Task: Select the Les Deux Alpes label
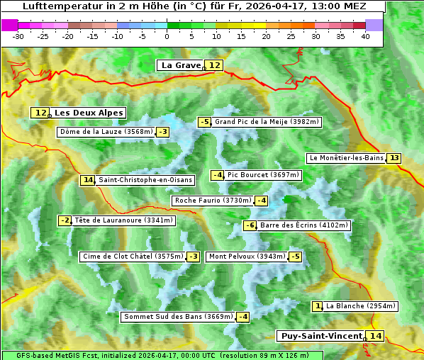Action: coord(89,113)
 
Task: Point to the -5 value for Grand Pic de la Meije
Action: coord(205,122)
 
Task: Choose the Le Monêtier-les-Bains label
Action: coord(345,158)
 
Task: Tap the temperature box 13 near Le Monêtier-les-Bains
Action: coord(394,158)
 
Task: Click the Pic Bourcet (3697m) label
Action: coord(264,175)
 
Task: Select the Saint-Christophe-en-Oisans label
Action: coord(145,180)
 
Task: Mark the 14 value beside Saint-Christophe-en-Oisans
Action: coord(87,180)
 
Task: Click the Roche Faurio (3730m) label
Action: coord(213,201)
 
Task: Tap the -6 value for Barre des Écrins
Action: coord(250,225)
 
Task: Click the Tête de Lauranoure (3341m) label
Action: coord(124,220)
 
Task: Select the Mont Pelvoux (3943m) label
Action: coord(247,257)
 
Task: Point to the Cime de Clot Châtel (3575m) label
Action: coord(133,257)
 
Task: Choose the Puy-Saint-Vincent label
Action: coord(321,336)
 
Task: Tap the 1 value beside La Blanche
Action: coord(318,306)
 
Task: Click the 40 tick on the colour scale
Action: coord(365,36)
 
